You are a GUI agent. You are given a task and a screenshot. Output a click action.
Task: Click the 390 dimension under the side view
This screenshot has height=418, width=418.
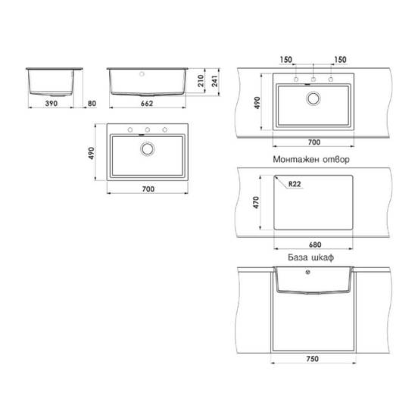(x=51, y=104)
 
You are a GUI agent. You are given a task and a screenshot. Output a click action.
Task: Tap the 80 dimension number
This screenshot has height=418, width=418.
(x=92, y=104)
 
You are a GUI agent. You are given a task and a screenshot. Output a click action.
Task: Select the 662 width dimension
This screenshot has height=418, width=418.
(x=147, y=104)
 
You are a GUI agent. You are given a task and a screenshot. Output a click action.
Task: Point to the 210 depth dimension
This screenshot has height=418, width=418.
(x=201, y=81)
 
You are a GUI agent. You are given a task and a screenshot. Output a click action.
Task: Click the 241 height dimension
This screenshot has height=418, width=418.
(x=214, y=81)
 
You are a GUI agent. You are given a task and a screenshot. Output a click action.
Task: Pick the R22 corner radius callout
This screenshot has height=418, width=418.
(x=295, y=184)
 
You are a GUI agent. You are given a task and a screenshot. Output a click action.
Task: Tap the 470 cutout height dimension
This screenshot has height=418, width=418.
(x=256, y=202)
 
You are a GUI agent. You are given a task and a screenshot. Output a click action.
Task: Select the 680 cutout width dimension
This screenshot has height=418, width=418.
(x=315, y=245)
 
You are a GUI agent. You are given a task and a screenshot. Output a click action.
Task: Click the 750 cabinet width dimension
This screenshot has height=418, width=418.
(x=312, y=358)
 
